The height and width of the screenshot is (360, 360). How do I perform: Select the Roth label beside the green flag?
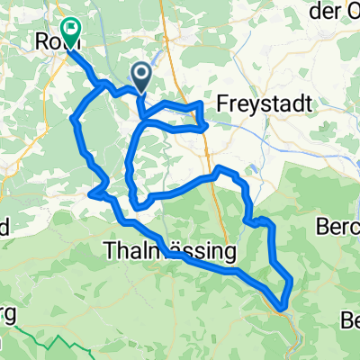(48, 41)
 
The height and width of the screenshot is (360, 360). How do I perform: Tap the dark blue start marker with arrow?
(140, 76)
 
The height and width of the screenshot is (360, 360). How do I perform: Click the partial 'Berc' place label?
(339, 228)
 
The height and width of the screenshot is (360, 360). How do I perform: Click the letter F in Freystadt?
(225, 103)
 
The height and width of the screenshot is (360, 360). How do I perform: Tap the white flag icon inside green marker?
(70, 29)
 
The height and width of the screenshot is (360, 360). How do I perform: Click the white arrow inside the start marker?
(140, 73)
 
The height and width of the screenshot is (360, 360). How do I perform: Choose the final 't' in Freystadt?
(308, 103)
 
